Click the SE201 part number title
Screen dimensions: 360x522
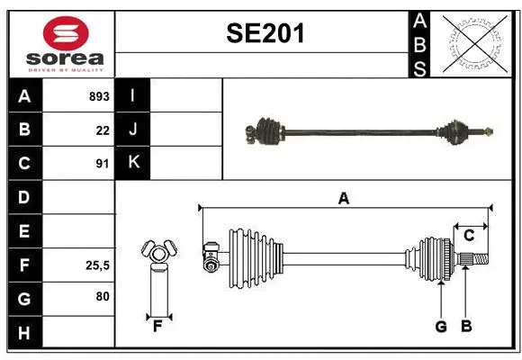265,34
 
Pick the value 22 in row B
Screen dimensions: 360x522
103,130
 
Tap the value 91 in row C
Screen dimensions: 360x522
103,164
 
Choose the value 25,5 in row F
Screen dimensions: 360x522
96,265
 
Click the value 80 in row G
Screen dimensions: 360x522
103,296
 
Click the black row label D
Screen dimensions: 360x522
24,197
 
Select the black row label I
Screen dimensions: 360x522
133,96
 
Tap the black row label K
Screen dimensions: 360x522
133,163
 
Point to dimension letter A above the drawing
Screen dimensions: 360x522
344,198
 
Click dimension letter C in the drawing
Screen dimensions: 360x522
469,236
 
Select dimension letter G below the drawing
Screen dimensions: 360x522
441,327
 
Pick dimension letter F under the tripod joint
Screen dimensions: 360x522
157,327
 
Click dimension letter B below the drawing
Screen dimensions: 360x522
466,327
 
